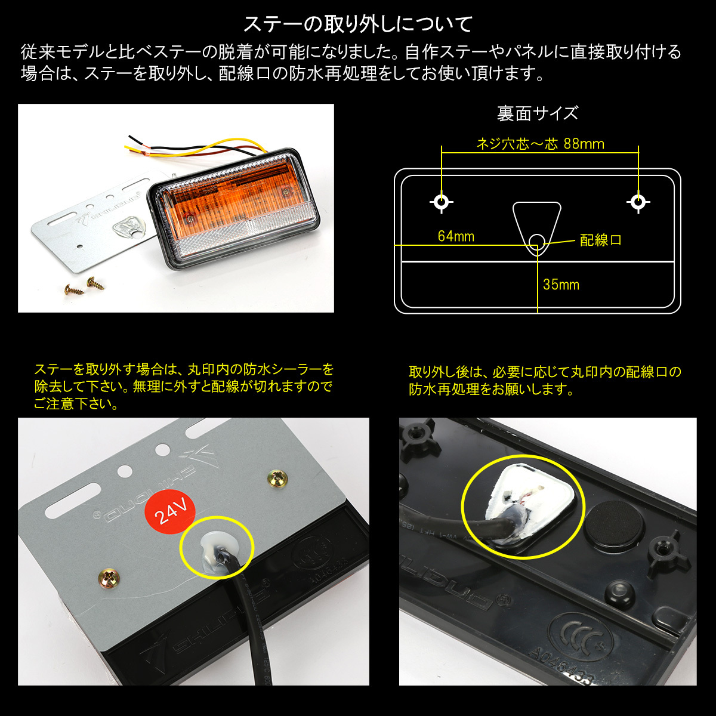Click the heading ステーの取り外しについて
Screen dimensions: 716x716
(x=358, y=24)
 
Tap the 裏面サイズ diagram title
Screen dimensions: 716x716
(x=537, y=113)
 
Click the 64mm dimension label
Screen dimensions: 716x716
(x=456, y=236)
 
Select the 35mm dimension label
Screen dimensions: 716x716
(x=561, y=285)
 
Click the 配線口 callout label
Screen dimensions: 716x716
(x=600, y=240)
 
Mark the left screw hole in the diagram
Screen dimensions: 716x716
(x=442, y=202)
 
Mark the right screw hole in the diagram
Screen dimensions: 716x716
(x=638, y=202)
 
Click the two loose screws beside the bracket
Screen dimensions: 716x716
(x=84, y=285)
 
